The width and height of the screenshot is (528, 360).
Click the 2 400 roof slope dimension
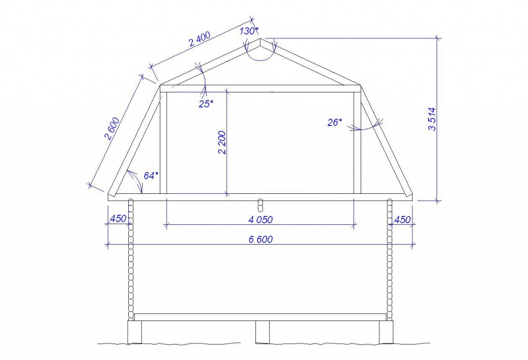tap(200, 39)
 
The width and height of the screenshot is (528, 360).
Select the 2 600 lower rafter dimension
tap(112, 128)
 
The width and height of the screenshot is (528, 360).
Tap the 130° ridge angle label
tap(249, 31)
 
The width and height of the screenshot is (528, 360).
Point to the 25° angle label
tap(206, 104)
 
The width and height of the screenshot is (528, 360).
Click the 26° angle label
tap(335, 122)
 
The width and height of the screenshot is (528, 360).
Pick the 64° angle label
tap(151, 176)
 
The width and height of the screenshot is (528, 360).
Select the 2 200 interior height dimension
tap(222, 142)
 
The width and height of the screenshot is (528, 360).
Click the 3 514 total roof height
tap(432, 119)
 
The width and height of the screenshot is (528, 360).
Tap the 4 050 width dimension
tap(261, 220)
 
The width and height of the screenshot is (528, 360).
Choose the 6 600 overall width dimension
tap(261, 239)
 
